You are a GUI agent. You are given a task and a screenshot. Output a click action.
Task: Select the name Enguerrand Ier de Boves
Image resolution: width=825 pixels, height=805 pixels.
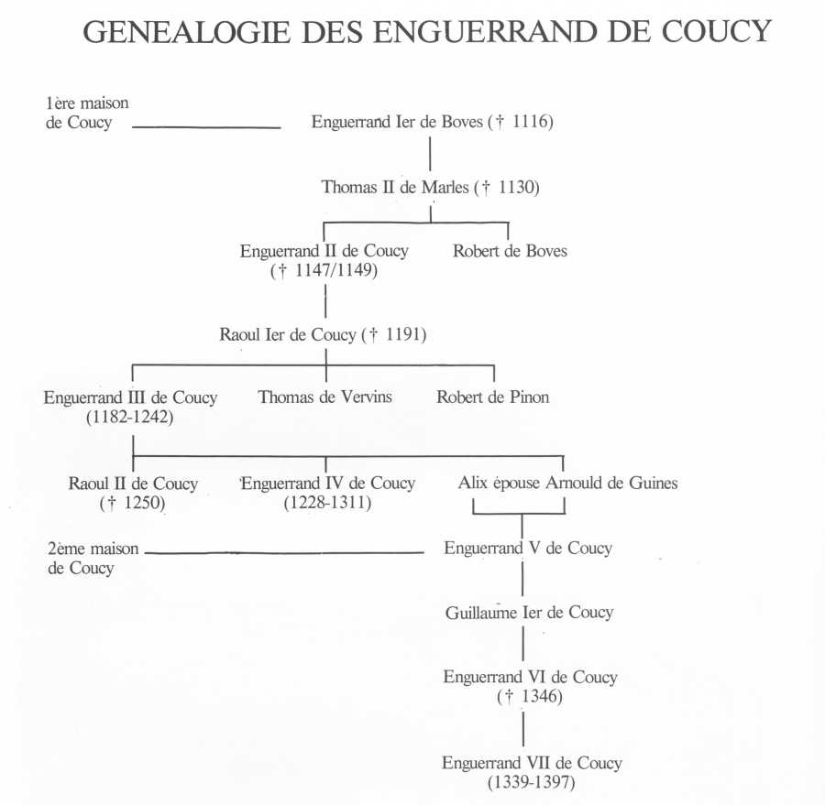click(x=397, y=122)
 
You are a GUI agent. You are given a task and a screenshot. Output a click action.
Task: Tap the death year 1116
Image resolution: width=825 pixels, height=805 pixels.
click(x=531, y=122)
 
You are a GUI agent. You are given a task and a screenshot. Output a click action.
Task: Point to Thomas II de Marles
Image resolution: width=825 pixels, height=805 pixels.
click(x=395, y=187)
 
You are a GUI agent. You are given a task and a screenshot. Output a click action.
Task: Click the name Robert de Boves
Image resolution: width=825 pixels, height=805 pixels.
click(x=510, y=251)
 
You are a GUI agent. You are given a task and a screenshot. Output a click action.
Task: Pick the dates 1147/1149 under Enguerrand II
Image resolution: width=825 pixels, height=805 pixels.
click(x=336, y=270)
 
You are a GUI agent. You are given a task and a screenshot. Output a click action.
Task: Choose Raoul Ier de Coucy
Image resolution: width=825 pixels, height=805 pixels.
click(x=288, y=334)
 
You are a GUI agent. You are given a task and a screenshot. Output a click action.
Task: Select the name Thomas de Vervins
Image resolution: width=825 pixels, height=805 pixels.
click(x=324, y=397)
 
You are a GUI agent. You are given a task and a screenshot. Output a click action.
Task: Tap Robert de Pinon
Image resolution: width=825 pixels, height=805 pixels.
click(x=492, y=397)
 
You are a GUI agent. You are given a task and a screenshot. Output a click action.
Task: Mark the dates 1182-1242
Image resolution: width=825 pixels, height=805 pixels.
click(x=130, y=417)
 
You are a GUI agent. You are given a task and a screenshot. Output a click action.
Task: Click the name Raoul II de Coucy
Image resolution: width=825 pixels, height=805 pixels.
click(x=133, y=484)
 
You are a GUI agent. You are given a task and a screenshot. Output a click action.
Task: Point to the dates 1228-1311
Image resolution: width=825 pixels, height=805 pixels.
click(x=327, y=503)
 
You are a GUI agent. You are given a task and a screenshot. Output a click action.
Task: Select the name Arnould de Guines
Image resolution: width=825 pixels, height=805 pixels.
click(x=611, y=483)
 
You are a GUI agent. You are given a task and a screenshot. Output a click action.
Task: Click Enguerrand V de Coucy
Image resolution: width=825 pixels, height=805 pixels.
click(x=528, y=548)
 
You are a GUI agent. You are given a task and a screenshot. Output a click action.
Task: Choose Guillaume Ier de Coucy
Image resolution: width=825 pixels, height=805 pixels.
click(x=529, y=612)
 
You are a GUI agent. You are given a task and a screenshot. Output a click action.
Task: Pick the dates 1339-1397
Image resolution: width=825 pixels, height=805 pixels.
click(x=532, y=782)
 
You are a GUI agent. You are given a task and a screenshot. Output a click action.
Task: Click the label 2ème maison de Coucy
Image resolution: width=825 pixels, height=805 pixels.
click(x=93, y=558)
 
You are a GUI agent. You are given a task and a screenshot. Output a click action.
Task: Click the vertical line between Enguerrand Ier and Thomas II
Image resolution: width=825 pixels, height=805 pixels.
click(x=431, y=154)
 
